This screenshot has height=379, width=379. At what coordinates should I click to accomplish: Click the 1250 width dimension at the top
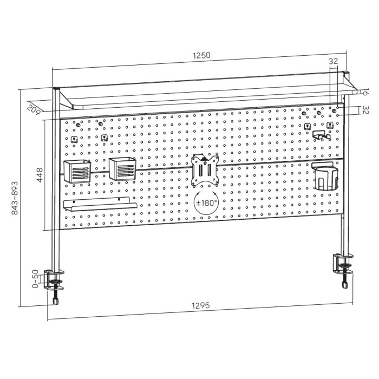201,55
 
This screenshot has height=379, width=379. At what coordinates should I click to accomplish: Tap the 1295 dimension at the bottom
201,305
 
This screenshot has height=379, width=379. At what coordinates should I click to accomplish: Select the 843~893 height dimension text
15,198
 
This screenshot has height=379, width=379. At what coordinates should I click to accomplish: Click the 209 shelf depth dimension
33,108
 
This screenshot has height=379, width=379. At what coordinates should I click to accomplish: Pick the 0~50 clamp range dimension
35,279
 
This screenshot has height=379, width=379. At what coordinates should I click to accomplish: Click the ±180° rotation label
206,202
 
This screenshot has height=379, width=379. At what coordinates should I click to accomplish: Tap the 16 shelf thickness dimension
365,92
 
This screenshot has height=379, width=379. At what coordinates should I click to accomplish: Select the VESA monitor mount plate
205,170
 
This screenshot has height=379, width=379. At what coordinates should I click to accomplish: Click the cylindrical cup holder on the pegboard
325,176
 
